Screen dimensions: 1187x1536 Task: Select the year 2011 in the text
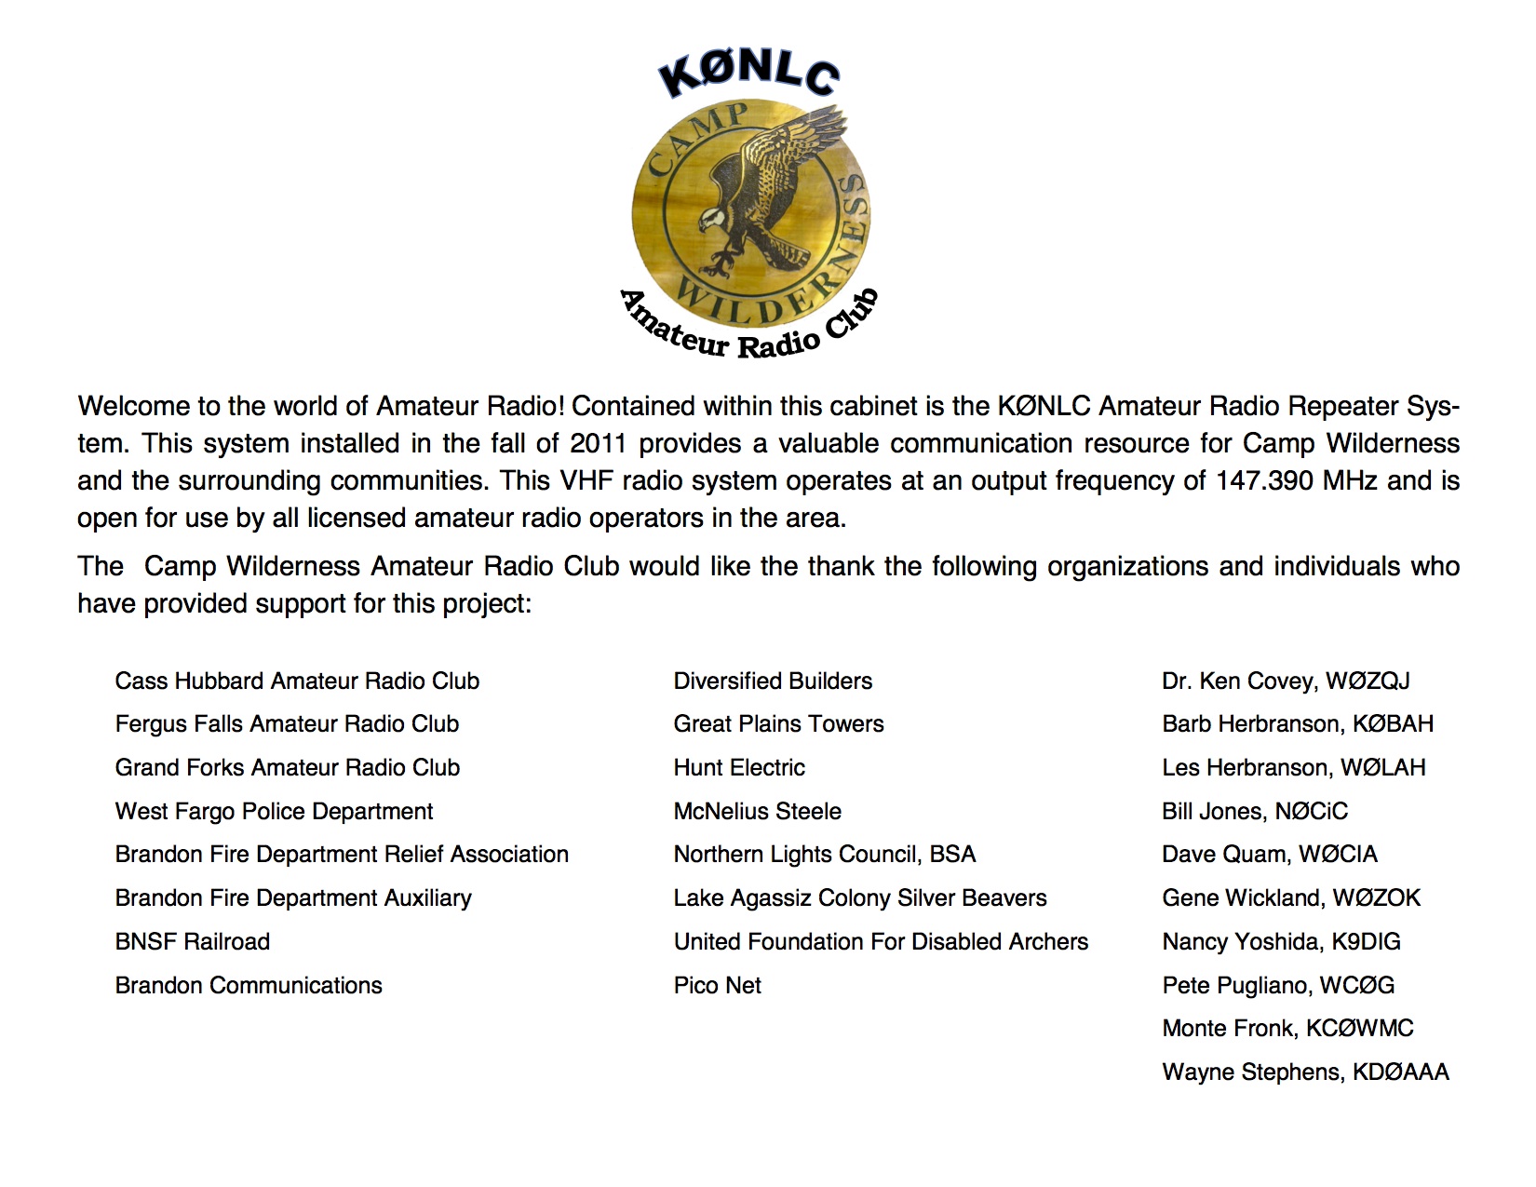598,443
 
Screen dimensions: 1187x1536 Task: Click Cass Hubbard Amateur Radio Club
297,681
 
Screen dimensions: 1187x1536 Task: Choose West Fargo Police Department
274,811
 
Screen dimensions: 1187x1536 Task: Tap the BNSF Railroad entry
193,941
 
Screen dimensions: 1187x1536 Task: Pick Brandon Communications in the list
249,985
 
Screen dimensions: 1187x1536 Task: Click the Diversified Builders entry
773,681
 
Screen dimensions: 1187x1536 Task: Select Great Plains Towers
778,723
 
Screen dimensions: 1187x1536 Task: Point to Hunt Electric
739,767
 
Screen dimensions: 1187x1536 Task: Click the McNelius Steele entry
757,811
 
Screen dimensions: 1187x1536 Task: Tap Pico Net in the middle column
717,985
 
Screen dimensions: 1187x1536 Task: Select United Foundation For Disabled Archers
881,941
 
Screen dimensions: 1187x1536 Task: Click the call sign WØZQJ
1368,681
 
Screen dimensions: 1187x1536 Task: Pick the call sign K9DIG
1366,941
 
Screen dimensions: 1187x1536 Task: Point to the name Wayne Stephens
1252,1072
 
